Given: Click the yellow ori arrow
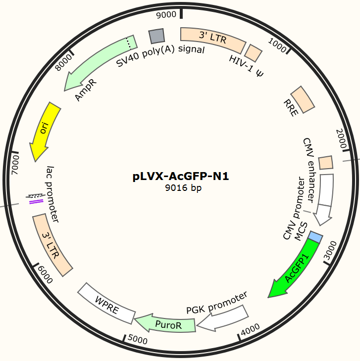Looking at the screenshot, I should tap(44, 131).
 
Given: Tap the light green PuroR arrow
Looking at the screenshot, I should tap(166, 324).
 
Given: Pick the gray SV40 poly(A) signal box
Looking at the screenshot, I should tap(157, 36).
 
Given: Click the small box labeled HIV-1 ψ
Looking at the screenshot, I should tap(254, 52).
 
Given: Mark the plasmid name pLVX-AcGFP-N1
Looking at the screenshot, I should tap(181, 177).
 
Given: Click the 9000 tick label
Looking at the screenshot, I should tap(166, 14).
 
